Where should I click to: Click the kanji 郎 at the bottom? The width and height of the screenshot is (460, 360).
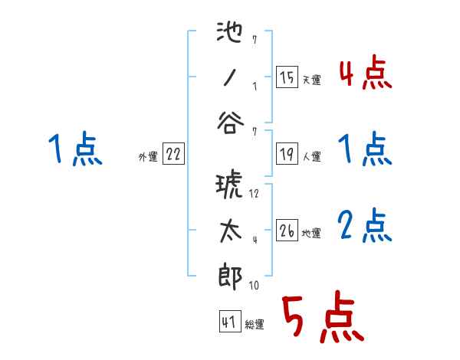pos(230,277)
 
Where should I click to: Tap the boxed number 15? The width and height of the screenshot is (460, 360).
pos(287,78)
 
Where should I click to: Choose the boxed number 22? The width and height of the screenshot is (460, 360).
pos(173,155)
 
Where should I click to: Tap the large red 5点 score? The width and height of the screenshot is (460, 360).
pos(321,319)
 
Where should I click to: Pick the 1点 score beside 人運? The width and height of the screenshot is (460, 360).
pos(365,149)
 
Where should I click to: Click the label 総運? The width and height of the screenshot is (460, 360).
pos(255,325)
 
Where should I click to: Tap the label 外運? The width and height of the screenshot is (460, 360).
pos(148,157)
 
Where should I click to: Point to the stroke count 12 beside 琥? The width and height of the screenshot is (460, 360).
pos(255,193)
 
